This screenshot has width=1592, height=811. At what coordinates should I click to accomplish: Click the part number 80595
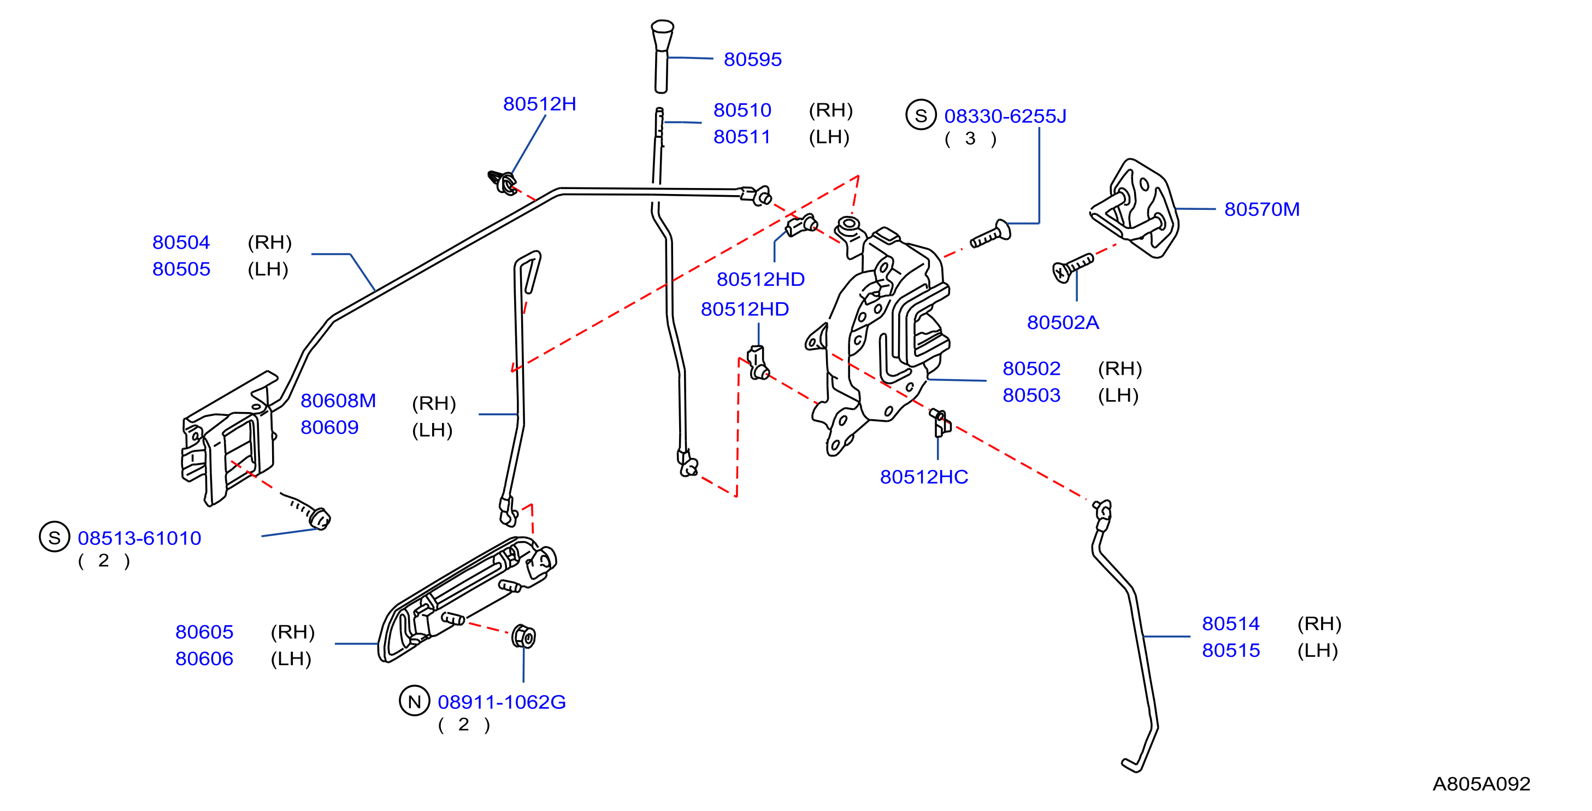(x=752, y=60)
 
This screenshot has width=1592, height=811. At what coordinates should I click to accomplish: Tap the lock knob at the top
(x=662, y=57)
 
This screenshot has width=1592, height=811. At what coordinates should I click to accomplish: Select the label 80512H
(x=540, y=104)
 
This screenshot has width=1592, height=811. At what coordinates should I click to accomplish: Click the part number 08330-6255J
(x=1005, y=116)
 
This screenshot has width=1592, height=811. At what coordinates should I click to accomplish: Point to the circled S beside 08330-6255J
(x=921, y=116)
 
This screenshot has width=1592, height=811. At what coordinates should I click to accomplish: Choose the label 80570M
(x=1262, y=209)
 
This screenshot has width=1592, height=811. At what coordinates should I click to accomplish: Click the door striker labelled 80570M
(x=1134, y=208)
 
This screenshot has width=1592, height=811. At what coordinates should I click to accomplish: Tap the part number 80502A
(x=1063, y=322)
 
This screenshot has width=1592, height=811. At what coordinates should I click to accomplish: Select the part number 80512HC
(x=924, y=477)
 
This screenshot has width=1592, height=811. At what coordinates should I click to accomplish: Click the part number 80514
(x=1230, y=624)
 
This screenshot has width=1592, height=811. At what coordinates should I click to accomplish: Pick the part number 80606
(x=204, y=659)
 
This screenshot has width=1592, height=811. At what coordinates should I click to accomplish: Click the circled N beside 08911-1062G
(x=415, y=701)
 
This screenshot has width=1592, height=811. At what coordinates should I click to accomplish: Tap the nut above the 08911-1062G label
(x=524, y=636)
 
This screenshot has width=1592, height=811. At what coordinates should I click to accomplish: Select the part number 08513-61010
(x=140, y=538)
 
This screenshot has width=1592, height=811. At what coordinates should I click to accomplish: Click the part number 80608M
(x=338, y=401)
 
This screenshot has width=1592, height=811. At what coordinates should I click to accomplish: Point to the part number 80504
(x=181, y=242)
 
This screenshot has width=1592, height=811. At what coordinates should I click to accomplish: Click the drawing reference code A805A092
(x=1482, y=784)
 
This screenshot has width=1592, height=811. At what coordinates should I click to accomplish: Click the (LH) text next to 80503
(x=1118, y=396)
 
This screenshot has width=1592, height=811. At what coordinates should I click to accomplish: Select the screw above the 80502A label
(x=1073, y=267)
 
